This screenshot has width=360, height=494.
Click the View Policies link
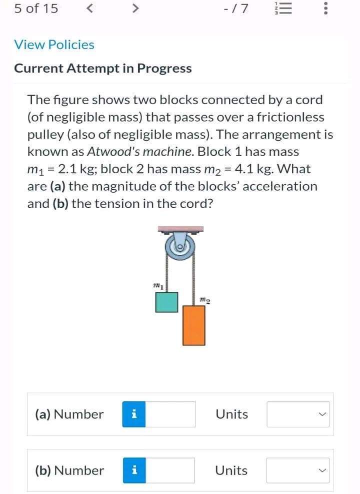pyautogui.click(x=54, y=45)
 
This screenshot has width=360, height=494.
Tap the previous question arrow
pyautogui.click(x=89, y=9)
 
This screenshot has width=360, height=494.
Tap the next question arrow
pyautogui.click(x=134, y=9)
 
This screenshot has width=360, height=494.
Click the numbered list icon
pyautogui.click(x=283, y=9)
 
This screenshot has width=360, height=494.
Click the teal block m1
pyautogui.click(x=166, y=302)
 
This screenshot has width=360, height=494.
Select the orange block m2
pyautogui.click(x=194, y=325)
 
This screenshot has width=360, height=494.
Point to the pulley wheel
pyautogui.click(x=179, y=247)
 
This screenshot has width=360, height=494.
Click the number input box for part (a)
pyautogui.click(x=170, y=414)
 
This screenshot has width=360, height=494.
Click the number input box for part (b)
pyautogui.click(x=170, y=470)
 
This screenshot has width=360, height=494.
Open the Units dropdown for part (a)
pyautogui.click(x=298, y=414)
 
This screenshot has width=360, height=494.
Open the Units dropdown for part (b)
pyautogui.click(x=298, y=470)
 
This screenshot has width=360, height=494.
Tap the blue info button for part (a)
pyautogui.click(x=134, y=414)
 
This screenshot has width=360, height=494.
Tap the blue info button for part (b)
pyautogui.click(x=134, y=470)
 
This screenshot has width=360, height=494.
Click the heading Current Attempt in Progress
pyautogui.click(x=103, y=69)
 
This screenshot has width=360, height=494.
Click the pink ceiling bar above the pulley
pyautogui.click(x=180, y=228)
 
